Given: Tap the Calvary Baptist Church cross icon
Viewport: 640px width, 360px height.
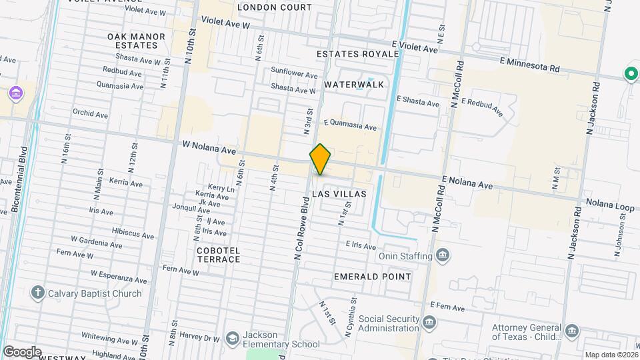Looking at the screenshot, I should tap(38, 293).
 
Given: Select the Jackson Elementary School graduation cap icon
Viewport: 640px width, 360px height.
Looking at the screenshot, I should tap(231, 338).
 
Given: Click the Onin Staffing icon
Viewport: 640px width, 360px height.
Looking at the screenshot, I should tap(442, 255).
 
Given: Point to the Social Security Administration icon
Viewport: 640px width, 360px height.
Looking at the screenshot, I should tap(429, 323).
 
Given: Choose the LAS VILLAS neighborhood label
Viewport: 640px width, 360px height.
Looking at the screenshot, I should tap(339, 193).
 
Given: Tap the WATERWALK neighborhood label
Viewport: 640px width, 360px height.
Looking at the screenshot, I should tap(354, 85).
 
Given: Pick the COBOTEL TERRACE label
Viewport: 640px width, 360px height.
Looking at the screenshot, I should tap(218, 255).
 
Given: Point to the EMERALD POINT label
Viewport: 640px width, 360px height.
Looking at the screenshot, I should tap(372, 276).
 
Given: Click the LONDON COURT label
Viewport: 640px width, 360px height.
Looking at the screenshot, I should tap(274, 7).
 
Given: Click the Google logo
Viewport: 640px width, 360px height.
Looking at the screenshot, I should tap(22, 351).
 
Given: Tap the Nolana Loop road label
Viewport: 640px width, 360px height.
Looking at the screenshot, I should tap(610, 205).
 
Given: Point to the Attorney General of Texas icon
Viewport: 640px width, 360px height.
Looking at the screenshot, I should tap(571, 331).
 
